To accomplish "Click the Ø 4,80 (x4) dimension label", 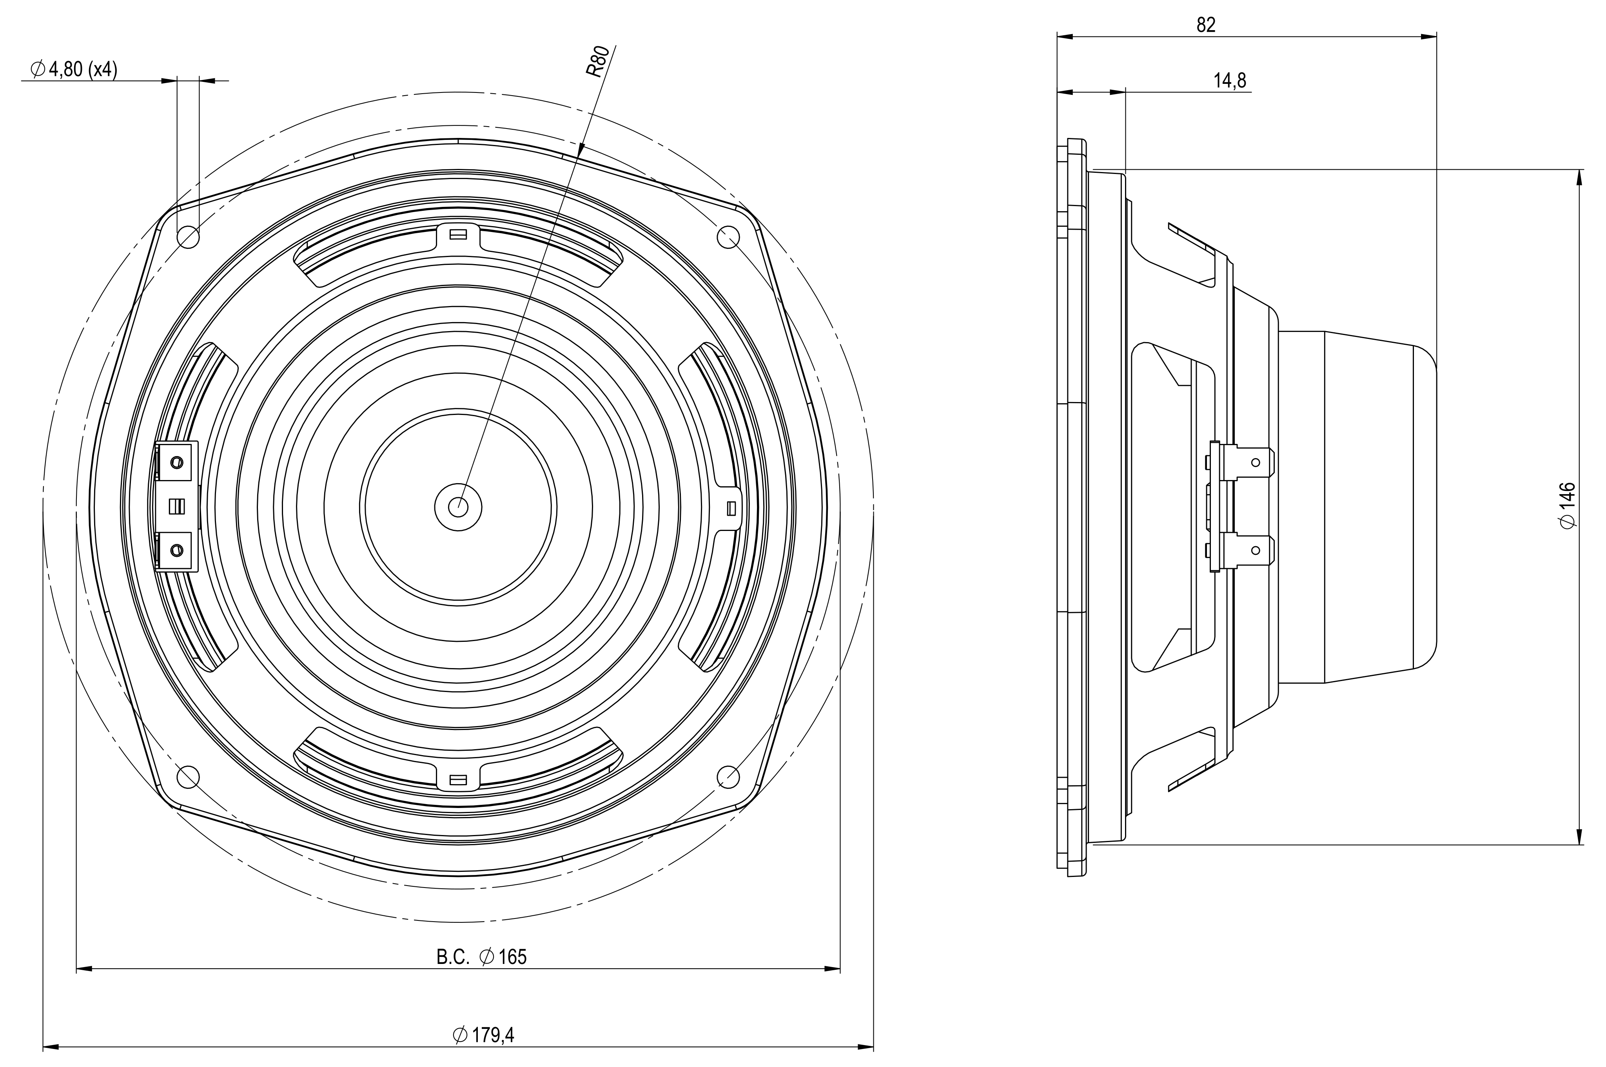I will pos(74,69).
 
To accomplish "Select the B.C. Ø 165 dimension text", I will pos(481,957).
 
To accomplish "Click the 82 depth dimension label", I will pos(1206,25).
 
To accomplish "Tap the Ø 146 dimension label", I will pos(1567,505).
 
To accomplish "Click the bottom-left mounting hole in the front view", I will pos(188,776).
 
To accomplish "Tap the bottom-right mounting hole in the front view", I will pos(728,776).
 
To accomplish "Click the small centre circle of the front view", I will pos(458,505).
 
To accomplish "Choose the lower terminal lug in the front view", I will pos(176,549).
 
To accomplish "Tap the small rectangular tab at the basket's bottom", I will pos(458,779).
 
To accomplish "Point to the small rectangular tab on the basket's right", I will pos(731,508).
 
